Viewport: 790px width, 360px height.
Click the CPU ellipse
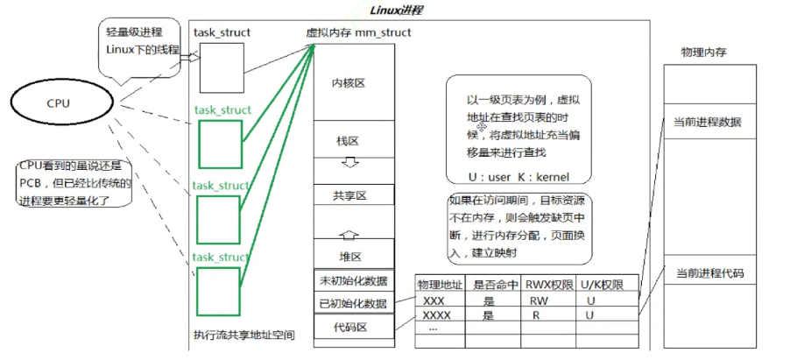[61, 103]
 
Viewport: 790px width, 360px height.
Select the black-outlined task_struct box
[219, 66]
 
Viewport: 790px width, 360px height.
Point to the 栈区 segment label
[348, 140]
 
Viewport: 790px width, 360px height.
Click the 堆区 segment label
[350, 257]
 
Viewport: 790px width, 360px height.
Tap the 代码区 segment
[352, 328]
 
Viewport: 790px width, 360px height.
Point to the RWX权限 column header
[550, 285]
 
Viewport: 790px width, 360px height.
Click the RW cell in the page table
[539, 300]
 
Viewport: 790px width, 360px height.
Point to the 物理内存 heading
[703, 53]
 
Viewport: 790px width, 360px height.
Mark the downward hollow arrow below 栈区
[349, 163]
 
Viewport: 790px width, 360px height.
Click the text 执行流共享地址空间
[244, 335]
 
